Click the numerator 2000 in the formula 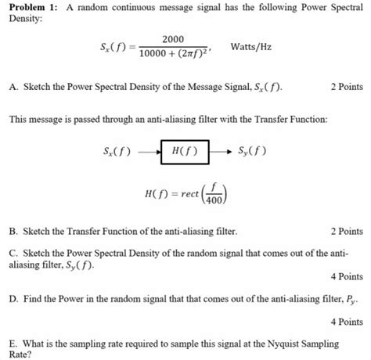(x=172, y=38)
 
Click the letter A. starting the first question (x=12, y=86)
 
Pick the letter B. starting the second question (x=12, y=232)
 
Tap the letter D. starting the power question (x=12, y=300)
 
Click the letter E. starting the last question (x=12, y=343)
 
